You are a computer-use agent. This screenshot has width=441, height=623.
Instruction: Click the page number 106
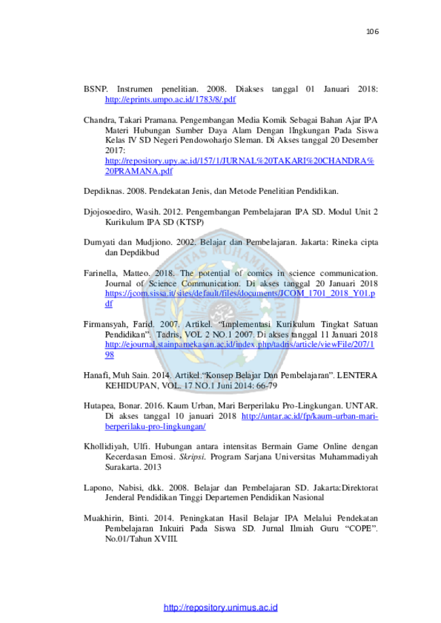[372, 31]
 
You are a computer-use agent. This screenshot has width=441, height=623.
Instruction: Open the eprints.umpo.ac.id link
[170, 100]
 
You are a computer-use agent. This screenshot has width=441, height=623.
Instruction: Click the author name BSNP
[96, 89]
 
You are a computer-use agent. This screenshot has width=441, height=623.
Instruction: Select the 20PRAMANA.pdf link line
[139, 172]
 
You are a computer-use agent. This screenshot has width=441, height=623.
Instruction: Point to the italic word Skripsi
[193, 457]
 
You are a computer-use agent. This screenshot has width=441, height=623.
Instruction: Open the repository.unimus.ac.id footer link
[220, 607]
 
